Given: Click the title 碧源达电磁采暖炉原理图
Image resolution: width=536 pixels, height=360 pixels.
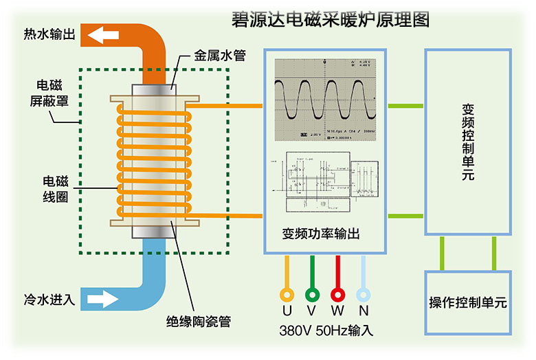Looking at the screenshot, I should (328, 19).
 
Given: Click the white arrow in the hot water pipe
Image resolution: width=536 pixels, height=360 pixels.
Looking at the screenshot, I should (101, 34).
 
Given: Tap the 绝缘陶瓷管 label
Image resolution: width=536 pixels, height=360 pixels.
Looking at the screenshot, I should (197, 321).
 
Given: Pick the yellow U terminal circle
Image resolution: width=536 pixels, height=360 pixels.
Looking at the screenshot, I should (287, 294).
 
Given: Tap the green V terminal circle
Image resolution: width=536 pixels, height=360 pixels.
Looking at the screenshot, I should (312, 294).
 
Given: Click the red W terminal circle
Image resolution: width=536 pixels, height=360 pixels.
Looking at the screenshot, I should (337, 294).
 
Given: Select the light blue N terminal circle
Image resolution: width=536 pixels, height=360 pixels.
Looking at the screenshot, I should (363, 294).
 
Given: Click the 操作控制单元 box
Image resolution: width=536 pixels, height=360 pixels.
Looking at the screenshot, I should (467, 302).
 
